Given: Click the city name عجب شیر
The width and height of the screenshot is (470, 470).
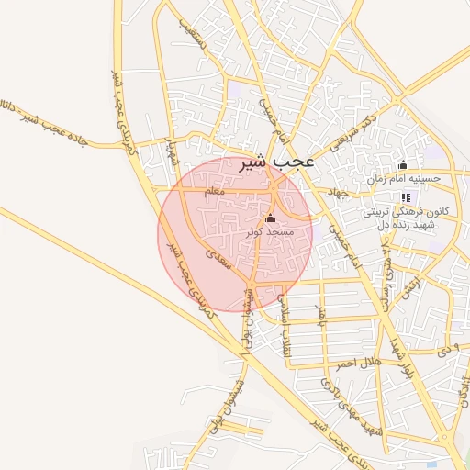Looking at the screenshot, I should click(275, 162).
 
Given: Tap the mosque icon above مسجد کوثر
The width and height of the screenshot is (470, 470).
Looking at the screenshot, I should click(269, 218).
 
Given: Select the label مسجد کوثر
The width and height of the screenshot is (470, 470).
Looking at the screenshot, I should click(269, 233).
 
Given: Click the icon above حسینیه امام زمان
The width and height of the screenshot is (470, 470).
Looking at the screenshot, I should click(402, 165).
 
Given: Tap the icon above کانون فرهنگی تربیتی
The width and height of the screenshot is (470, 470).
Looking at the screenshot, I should click(406, 197).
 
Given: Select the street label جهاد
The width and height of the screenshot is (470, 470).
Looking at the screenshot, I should click(339, 194).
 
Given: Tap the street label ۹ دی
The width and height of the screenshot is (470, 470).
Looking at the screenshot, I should click(445, 350).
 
